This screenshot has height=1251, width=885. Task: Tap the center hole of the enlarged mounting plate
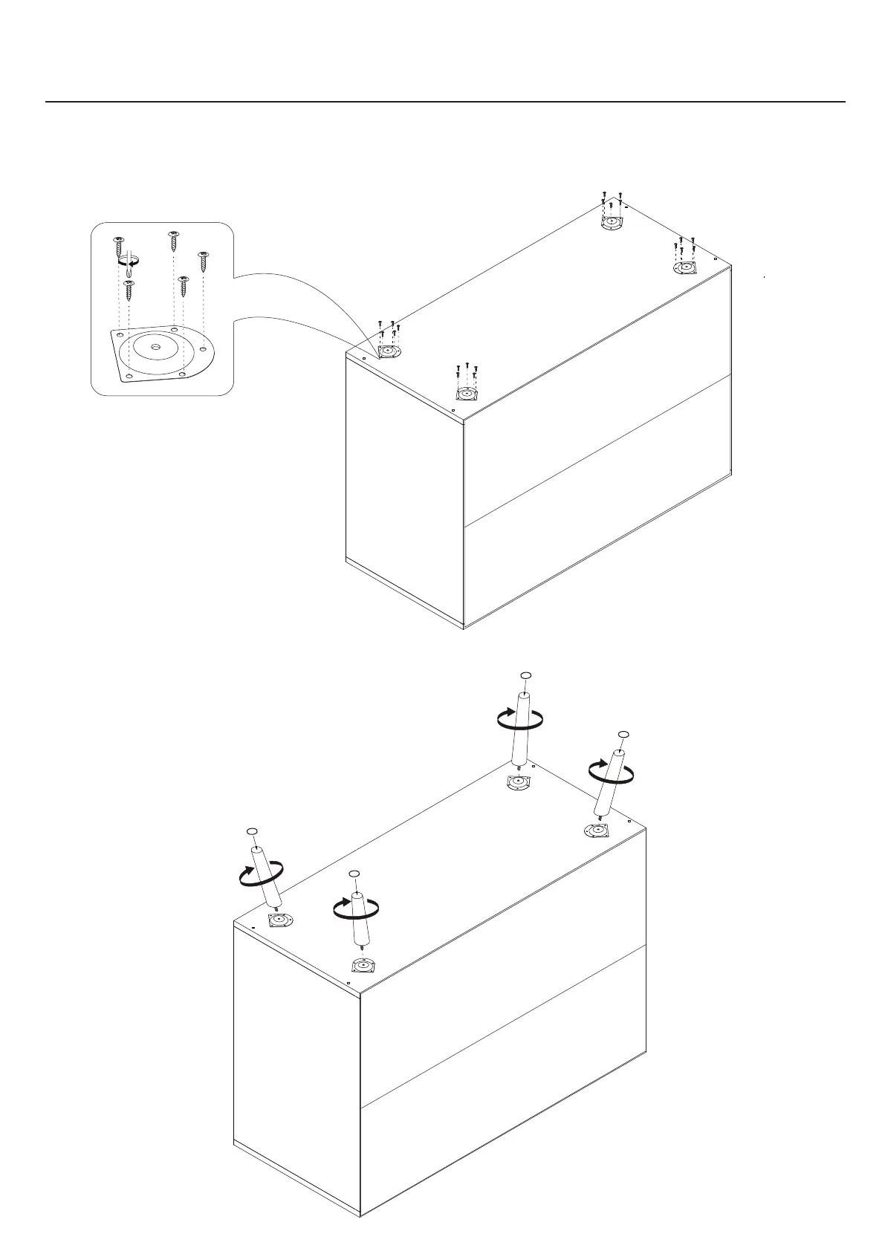click(x=155, y=347)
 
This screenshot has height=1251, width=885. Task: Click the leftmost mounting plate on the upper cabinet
click(x=389, y=351)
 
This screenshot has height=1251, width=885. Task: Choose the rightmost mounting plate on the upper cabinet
click(x=683, y=267)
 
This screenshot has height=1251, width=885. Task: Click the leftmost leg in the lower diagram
click(x=265, y=877)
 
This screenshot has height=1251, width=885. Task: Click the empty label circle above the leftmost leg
click(x=252, y=831)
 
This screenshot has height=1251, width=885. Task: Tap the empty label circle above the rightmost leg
click(x=623, y=734)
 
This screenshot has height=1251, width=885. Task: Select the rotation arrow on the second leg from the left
click(x=356, y=908)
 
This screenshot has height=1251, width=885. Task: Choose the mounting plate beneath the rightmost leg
click(x=597, y=831)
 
